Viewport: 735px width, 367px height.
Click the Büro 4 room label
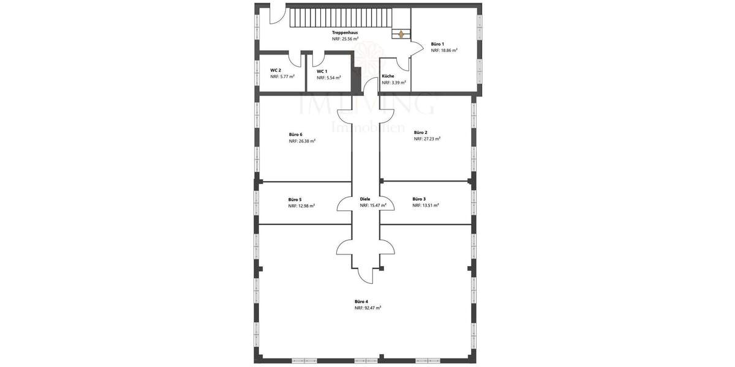pos(361,301)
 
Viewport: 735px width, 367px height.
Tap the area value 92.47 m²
pos(371,308)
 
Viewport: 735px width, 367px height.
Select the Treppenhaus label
pos(345,32)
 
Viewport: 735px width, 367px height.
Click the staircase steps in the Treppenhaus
pos(340,18)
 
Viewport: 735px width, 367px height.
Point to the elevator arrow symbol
pos(401,34)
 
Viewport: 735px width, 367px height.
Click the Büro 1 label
pos(437,44)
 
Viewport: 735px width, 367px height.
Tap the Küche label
pos(388,76)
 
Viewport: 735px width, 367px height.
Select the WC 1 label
pos(322,72)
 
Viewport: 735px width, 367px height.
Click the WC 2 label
pos(276,70)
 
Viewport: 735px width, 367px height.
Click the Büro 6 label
pos(295,134)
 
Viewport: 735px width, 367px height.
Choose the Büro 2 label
pos(421,132)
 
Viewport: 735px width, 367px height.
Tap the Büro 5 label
pos(295,199)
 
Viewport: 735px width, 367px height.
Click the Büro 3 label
pos(419,199)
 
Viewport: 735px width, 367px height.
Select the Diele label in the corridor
pos(366,199)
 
